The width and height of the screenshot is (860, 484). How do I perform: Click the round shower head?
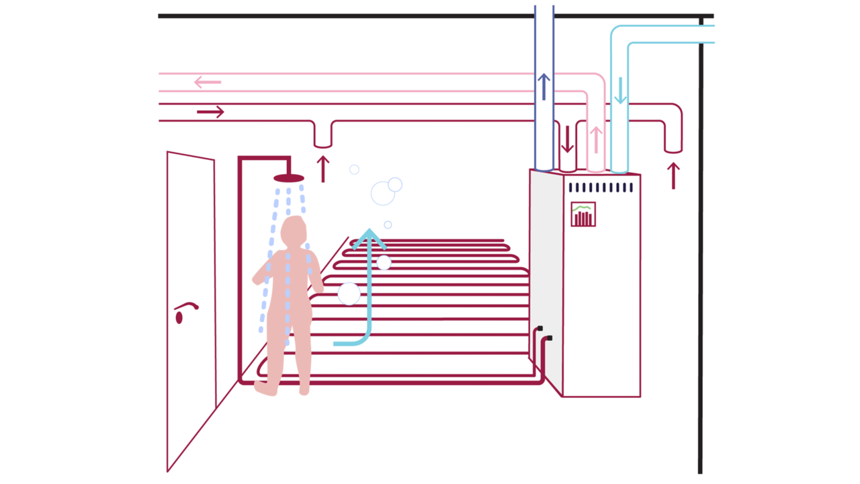pyautogui.click(x=289, y=178)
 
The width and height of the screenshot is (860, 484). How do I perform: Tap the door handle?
pyautogui.click(x=186, y=306)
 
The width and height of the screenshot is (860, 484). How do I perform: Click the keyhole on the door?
pyautogui.click(x=179, y=318)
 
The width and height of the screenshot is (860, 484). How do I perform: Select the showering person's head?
pyautogui.click(x=294, y=231)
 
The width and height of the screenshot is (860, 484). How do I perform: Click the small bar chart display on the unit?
pyautogui.click(x=583, y=214)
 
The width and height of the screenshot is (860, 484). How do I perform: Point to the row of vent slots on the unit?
pyautogui.click(x=600, y=188)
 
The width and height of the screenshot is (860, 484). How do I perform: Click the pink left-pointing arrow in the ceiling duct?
pyautogui.click(x=208, y=83)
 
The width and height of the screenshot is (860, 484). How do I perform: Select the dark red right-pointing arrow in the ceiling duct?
pyautogui.click(x=210, y=112)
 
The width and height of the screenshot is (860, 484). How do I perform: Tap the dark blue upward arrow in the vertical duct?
pyautogui.click(x=544, y=87)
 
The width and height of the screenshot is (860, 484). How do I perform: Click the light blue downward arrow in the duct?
pyautogui.click(x=620, y=91)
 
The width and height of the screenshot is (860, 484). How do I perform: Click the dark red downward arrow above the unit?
pyautogui.click(x=568, y=139)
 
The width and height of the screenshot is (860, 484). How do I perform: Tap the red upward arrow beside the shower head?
pyautogui.click(x=323, y=169)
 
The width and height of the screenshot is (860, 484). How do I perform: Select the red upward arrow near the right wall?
pyautogui.click(x=673, y=175)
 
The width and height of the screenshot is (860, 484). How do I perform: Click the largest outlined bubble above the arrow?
pyautogui.click(x=382, y=194)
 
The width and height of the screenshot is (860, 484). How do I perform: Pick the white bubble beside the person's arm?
pyautogui.click(x=349, y=294)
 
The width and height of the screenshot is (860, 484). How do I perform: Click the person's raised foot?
pyautogui.click(x=265, y=388)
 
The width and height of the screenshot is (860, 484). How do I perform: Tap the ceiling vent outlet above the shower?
pyautogui.click(x=323, y=138)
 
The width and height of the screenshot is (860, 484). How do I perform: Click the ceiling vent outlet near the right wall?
pyautogui.click(x=673, y=143)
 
